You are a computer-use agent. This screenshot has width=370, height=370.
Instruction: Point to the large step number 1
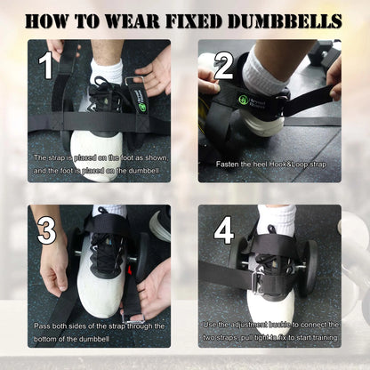[x=46, y=64]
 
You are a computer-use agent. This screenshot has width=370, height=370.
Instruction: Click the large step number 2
[x=222, y=64]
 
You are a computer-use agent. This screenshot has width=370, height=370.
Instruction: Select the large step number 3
[x=46, y=230]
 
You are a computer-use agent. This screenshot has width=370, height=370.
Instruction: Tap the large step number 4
[x=222, y=230]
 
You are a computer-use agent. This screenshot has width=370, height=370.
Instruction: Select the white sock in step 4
[x=277, y=216]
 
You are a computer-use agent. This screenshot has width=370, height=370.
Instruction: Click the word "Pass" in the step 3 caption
[x=43, y=326]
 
